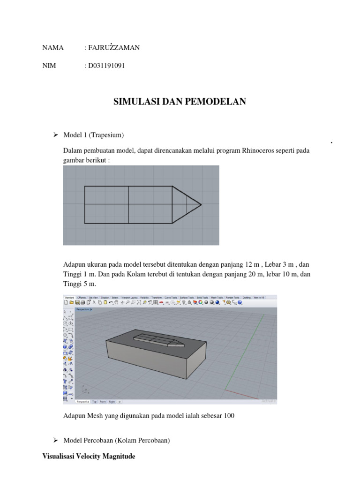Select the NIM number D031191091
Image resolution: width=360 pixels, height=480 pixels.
coord(106,66)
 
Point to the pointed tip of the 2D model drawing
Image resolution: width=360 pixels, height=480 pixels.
coord(201,204)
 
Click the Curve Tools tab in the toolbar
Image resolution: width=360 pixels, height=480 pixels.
coord(171,297)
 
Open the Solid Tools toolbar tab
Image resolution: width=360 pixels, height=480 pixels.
coord(203,297)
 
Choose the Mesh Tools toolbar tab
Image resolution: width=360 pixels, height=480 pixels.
coord(217,297)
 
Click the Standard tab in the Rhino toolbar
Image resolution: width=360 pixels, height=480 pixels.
coord(69,297)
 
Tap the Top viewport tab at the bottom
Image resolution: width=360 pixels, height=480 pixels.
coord(94,402)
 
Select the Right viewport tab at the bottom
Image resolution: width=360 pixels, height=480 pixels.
coord(112,402)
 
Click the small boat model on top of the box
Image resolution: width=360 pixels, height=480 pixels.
coord(157,340)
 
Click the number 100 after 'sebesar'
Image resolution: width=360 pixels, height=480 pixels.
coord(229,415)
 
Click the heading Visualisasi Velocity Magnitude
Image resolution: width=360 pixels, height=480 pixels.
coord(89,456)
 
